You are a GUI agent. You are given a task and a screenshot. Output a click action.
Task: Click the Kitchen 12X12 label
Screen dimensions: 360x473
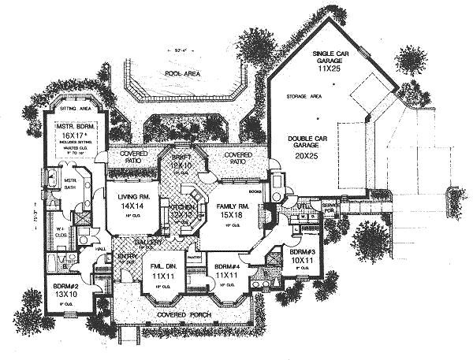click(183, 210)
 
